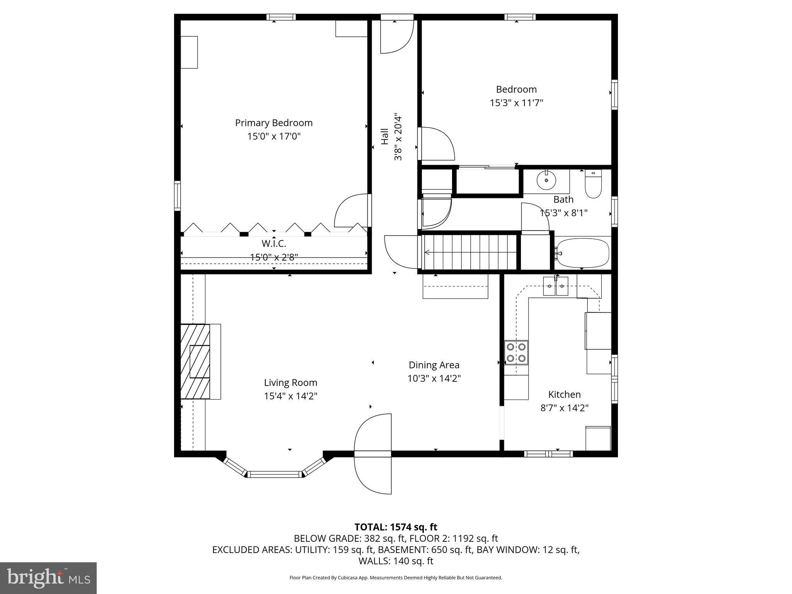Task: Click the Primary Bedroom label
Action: click(x=274, y=123)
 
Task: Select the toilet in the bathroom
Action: click(x=593, y=185)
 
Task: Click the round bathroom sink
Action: click(x=546, y=180)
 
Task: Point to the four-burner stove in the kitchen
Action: click(x=516, y=352)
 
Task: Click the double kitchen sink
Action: click(x=555, y=286)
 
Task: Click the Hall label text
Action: click(x=385, y=137)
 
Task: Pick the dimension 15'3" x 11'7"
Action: click(x=516, y=103)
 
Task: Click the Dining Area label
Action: click(x=434, y=365)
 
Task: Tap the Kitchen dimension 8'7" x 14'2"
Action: click(x=564, y=408)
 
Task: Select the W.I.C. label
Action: click(x=274, y=244)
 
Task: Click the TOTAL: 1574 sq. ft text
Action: click(x=396, y=527)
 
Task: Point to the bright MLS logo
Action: click(x=48, y=578)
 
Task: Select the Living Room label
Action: click(x=290, y=383)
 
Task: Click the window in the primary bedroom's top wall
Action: click(x=281, y=17)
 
